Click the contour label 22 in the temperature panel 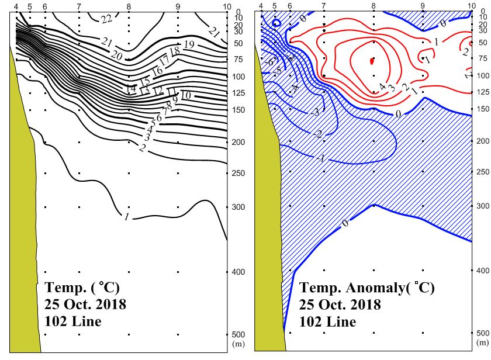click(x=106, y=19)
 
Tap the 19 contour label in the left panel click(x=189, y=44)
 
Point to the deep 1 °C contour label click(x=126, y=217)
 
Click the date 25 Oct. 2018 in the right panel click(x=340, y=304)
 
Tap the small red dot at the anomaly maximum click(x=372, y=60)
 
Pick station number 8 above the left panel click(x=129, y=5)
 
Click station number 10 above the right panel click(x=472, y=5)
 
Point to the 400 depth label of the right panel click(x=482, y=271)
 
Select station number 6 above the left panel click(x=45, y=5)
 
